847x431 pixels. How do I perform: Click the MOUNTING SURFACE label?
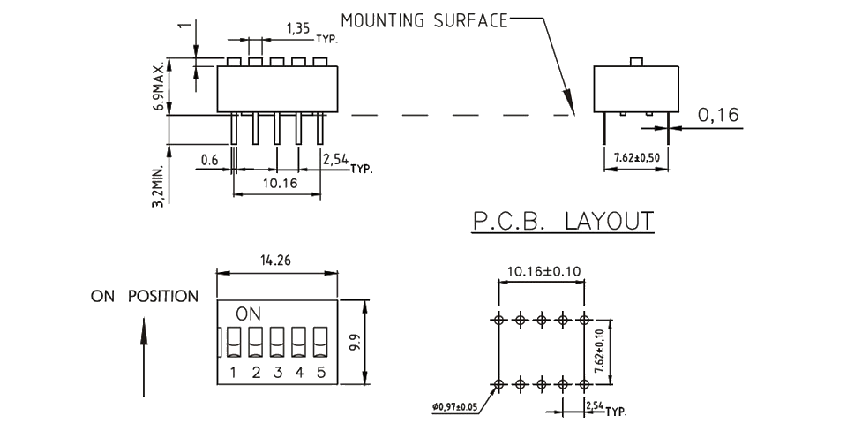coord(423,20)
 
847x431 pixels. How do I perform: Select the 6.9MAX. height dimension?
coord(158,87)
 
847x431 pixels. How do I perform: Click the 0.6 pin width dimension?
coord(209,159)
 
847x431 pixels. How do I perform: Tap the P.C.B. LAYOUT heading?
coord(563,220)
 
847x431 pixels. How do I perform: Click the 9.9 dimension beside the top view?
coord(356,341)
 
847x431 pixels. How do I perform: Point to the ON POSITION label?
coord(145,297)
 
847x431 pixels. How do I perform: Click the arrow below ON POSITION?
coord(144,358)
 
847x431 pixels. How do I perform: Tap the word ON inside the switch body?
coord(247,314)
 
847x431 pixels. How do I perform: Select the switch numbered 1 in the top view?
coord(234,341)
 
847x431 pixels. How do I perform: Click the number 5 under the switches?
coord(320,372)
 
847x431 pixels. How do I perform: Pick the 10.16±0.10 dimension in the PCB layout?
coord(543,270)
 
